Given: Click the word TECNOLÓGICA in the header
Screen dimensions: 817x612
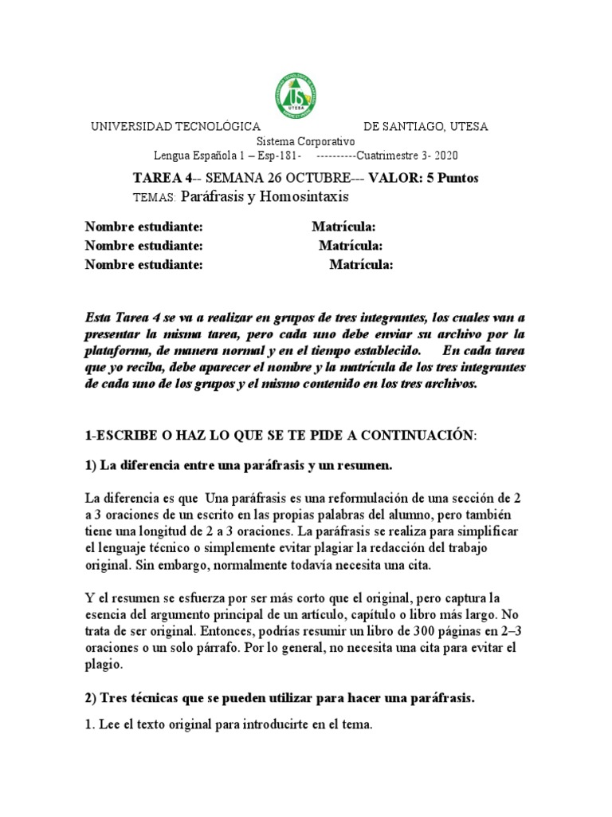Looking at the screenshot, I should tap(217, 127).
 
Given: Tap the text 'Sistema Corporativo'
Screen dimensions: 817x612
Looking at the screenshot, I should tap(305, 141).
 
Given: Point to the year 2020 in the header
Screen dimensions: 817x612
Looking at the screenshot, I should tap(445, 156).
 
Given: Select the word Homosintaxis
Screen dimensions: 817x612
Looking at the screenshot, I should tap(301, 196).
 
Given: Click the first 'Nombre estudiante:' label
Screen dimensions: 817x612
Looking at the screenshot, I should tap(144, 227).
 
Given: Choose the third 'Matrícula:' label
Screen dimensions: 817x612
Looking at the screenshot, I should tap(361, 266).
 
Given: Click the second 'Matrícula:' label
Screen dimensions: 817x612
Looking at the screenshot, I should tap(351, 247).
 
